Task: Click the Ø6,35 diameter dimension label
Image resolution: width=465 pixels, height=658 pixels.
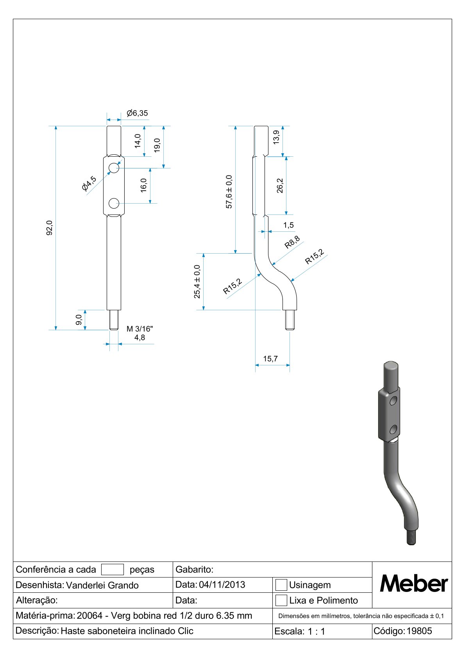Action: pos(137,113)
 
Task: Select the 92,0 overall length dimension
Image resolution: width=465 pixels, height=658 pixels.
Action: pos(50,228)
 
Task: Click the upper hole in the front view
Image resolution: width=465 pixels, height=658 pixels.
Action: pos(114,168)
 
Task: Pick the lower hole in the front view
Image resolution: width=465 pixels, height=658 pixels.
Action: pos(114,203)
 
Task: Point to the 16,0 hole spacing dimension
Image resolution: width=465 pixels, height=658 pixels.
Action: pos(144,185)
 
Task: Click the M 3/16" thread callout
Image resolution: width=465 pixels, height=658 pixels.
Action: pos(139,329)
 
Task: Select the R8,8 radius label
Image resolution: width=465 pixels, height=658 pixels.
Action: pos(292,243)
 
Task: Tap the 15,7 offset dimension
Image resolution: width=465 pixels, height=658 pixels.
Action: pos(270,359)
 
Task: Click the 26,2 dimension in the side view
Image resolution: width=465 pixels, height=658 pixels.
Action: pos(280,186)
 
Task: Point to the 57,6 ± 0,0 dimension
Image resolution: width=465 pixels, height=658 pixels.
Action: pos(229,191)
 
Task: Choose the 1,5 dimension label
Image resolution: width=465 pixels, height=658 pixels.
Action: pos(288,225)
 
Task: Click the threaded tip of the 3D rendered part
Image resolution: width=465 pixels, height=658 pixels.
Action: pos(411,537)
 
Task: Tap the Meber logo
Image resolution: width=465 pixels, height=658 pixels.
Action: pos(413,584)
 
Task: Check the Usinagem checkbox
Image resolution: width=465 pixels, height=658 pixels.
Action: pos(281,585)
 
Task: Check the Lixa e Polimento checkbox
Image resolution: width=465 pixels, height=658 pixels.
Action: pos(281,600)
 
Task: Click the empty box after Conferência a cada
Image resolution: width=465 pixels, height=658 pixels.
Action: pos(113,569)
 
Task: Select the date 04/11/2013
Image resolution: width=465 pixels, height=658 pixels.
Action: pos(222,585)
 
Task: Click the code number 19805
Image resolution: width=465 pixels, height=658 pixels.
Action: pos(419,631)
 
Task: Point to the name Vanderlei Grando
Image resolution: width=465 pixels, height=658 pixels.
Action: pos(102,585)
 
